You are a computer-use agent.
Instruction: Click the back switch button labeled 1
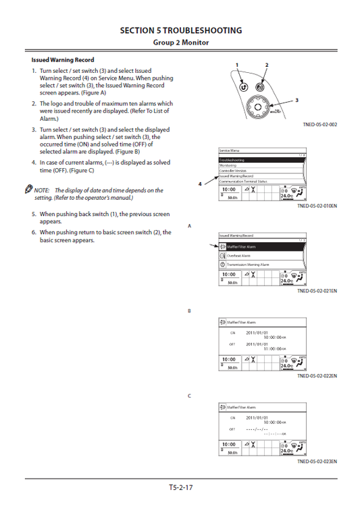click(242, 87)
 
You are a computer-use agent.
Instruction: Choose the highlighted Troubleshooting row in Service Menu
click(261, 160)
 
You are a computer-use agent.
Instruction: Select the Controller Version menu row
click(261, 171)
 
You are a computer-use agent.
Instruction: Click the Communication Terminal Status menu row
click(261, 182)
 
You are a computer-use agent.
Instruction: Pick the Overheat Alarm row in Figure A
click(261, 256)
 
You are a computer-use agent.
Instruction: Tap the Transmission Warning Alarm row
click(261, 265)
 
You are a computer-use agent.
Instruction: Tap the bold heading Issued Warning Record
click(63, 60)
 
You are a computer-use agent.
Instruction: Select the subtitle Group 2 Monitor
click(180, 43)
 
